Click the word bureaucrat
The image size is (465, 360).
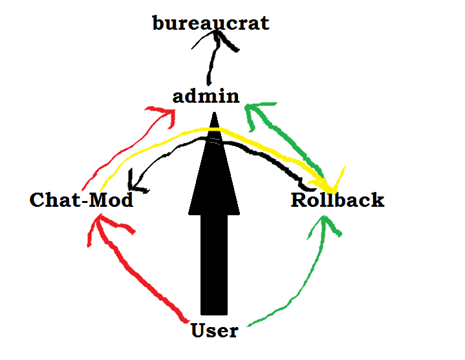211,24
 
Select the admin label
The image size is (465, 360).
206,97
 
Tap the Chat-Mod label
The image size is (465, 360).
81,200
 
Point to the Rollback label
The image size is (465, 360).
338,200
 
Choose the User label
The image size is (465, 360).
215,332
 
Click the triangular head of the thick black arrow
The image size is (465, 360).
214,175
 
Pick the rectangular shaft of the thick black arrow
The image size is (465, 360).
214,265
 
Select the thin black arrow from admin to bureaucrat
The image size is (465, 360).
210,65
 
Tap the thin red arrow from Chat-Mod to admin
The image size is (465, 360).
120,152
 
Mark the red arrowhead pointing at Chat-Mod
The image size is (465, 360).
103,226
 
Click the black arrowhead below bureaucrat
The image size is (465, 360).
220,41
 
